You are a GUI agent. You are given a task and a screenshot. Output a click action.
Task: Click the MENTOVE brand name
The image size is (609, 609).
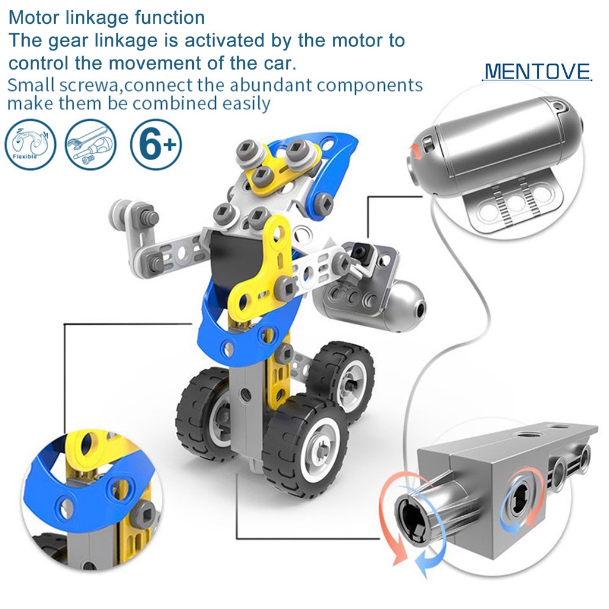537,71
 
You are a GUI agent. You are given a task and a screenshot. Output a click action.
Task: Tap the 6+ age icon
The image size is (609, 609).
156,145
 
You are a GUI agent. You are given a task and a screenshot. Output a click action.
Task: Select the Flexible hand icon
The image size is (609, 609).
30,145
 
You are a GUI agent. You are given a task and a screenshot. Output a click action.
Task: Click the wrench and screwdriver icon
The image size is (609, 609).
90,145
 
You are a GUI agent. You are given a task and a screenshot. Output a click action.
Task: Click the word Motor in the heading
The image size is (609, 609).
35,17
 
